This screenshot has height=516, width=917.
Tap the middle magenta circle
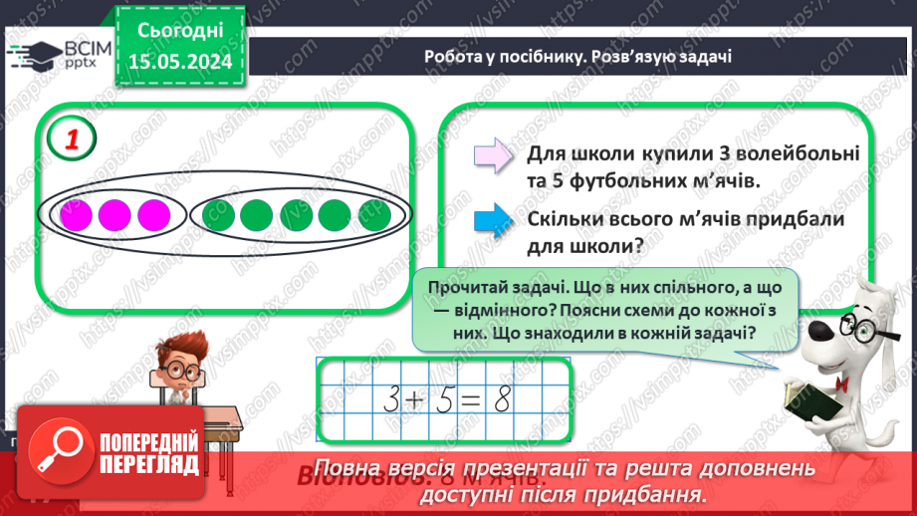pyautogui.click(x=114, y=214)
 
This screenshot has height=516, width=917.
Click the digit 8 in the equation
pyautogui.click(x=503, y=398)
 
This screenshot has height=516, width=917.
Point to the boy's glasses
pyautogui.click(x=180, y=368)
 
